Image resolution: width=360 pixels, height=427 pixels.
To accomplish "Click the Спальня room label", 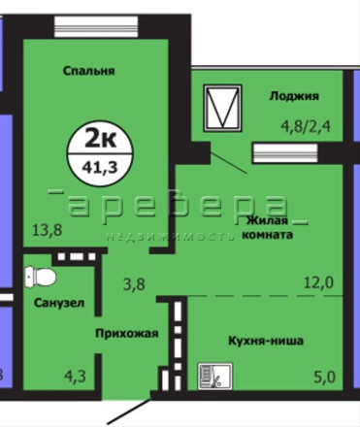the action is pyautogui.click(x=89, y=71).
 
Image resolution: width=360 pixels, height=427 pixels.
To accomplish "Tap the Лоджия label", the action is pyautogui.click(x=294, y=96).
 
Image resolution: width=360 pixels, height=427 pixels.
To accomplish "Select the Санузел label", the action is pyautogui.click(x=59, y=303).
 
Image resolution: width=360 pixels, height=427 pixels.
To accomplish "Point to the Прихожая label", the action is pyautogui.click(x=127, y=334).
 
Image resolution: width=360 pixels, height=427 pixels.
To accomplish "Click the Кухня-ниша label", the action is pyautogui.click(x=266, y=341).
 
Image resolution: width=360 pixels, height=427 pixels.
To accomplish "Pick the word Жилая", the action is pyautogui.click(x=267, y=221).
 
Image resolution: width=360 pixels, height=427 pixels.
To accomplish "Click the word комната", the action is pyautogui.click(x=268, y=235).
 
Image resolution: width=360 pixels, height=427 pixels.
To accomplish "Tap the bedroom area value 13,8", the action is pyautogui.click(x=48, y=231).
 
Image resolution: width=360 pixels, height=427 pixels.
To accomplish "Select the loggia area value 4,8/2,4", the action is pyautogui.click(x=306, y=126).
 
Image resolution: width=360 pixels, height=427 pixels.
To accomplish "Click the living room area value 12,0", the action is pyautogui.click(x=318, y=283).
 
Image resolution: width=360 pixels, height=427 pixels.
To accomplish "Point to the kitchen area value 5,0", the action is pyautogui.click(x=324, y=378).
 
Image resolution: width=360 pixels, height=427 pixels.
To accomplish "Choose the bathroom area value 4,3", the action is pyautogui.click(x=75, y=377).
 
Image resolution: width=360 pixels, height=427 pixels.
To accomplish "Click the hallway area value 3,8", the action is pyautogui.click(x=134, y=284).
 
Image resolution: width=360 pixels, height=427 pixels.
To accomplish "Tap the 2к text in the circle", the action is pyautogui.click(x=100, y=140).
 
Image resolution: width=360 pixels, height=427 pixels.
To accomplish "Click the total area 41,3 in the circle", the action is pyautogui.click(x=100, y=168).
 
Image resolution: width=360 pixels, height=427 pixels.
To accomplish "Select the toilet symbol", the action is pyautogui.click(x=40, y=277).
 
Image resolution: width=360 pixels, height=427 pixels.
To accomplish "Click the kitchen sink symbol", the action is pyautogui.click(x=215, y=376).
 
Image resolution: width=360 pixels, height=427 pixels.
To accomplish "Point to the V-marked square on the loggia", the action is pyautogui.click(x=222, y=108).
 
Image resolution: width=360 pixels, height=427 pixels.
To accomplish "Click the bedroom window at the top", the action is pyautogui.click(x=96, y=26).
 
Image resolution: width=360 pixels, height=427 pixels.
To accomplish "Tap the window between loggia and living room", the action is pyautogui.click(x=285, y=153).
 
